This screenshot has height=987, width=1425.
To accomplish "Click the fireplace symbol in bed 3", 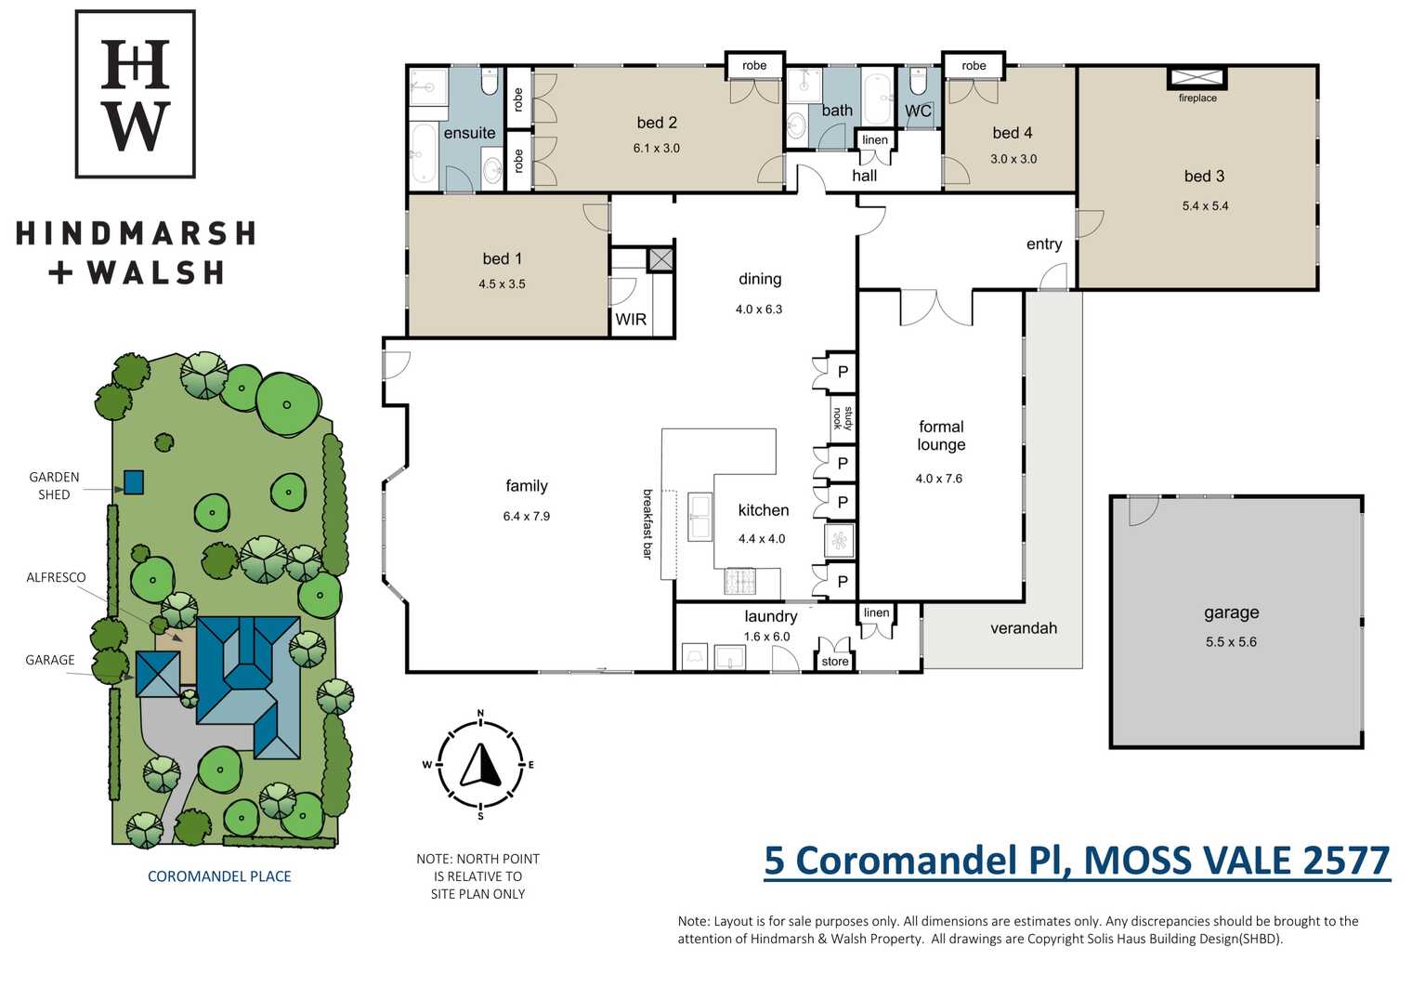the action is pyautogui.click(x=1197, y=78).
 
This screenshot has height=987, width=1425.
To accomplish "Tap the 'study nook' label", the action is pyautogui.click(x=843, y=419).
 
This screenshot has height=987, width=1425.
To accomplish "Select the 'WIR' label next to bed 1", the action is pyautogui.click(x=631, y=319).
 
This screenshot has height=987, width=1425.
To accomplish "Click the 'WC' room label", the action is pyautogui.click(x=918, y=111).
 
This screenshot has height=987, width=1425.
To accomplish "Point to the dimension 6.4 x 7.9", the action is pyautogui.click(x=526, y=516).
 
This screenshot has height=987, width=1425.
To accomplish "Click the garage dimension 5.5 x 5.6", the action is pyautogui.click(x=1231, y=641).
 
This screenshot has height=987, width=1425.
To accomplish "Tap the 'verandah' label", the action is pyautogui.click(x=1024, y=628).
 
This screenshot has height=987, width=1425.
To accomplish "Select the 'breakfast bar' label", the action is pyautogui.click(x=647, y=524).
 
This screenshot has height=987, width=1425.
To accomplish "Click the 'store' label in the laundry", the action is pyautogui.click(x=834, y=661).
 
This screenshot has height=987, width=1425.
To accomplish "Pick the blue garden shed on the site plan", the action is pyautogui.click(x=134, y=481).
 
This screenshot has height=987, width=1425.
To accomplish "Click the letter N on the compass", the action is pyautogui.click(x=480, y=714).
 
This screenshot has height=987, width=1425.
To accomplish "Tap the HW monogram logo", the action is pyautogui.click(x=136, y=94).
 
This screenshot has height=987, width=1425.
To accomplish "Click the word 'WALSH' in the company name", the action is pyautogui.click(x=155, y=272).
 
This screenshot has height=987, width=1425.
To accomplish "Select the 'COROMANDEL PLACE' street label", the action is pyautogui.click(x=219, y=876).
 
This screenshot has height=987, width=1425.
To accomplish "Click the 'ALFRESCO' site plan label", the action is pyautogui.click(x=56, y=577).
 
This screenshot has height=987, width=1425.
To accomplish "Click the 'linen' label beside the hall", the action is pyautogui.click(x=875, y=140).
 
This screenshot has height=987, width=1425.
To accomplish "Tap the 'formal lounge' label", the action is pyautogui.click(x=941, y=435).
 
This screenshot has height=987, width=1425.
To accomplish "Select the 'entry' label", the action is pyautogui.click(x=1044, y=244).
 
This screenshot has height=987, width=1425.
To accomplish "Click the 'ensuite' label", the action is pyautogui.click(x=469, y=133).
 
